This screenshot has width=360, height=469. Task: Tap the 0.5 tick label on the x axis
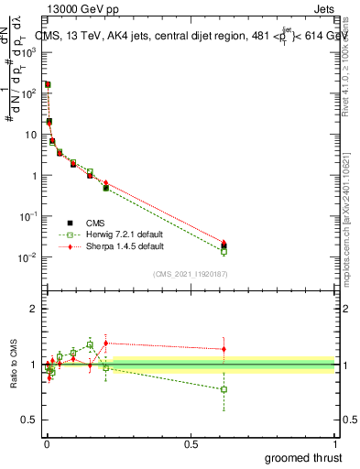pos(191,444)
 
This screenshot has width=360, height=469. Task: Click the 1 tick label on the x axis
pos(336,444)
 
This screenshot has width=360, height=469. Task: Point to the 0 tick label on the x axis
pos(46,444)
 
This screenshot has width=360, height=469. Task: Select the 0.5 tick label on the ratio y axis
pos(29,420)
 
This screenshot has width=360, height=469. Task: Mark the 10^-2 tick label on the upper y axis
pos(27,257)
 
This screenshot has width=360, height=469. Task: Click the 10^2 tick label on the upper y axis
pos(29,93)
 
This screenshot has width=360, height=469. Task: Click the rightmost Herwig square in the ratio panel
pos(224,389)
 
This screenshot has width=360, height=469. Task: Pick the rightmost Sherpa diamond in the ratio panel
pos(224,348)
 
